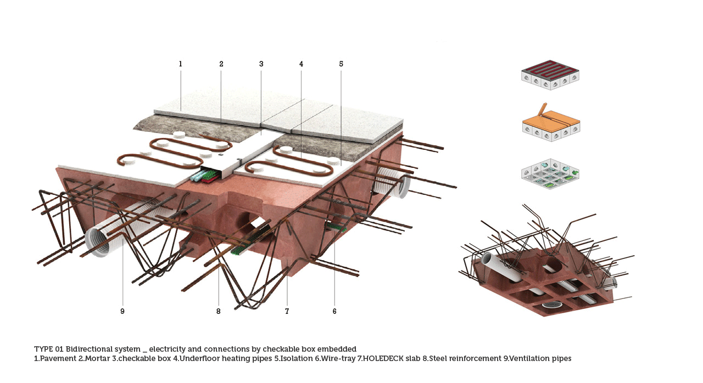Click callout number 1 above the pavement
pos(180,64)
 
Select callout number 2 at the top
pos(221,64)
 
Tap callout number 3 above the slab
pos(261,64)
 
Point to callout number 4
pos(301,64)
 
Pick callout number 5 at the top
pos(341,64)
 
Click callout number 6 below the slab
pos(334,312)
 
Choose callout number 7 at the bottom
pos(287,312)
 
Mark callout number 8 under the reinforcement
pos(218,312)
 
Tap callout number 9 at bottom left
pos(122,312)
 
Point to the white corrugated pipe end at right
pos(401,187)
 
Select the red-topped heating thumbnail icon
pos(550,74)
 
